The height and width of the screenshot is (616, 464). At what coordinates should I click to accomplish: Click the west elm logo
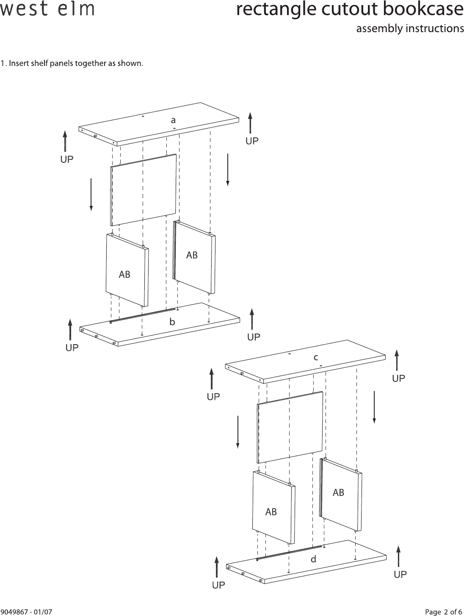(47, 9)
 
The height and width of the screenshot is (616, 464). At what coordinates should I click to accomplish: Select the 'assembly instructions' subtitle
(410, 29)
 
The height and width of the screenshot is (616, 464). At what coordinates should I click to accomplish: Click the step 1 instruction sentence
(72, 64)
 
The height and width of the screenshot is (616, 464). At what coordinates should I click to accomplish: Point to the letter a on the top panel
(173, 120)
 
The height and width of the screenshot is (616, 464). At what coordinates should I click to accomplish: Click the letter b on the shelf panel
(172, 322)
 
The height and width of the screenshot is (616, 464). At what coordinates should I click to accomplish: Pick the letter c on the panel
(316, 357)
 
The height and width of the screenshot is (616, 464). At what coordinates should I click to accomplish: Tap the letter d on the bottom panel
(313, 559)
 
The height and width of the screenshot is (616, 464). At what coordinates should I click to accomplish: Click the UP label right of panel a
(252, 141)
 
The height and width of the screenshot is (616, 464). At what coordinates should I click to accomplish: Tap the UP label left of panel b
(72, 348)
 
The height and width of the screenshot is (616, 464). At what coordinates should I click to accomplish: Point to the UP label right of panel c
(398, 378)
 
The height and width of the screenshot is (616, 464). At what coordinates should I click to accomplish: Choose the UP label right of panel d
(400, 575)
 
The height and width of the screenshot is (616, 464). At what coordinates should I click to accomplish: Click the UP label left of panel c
(213, 397)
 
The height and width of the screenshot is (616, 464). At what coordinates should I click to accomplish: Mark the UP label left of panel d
(218, 585)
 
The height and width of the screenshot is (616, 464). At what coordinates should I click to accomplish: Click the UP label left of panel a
(66, 159)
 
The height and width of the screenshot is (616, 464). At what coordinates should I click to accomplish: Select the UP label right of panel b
(254, 337)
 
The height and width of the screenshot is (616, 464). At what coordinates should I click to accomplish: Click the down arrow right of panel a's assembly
(228, 170)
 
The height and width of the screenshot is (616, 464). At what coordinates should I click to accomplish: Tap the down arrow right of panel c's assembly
(374, 407)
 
